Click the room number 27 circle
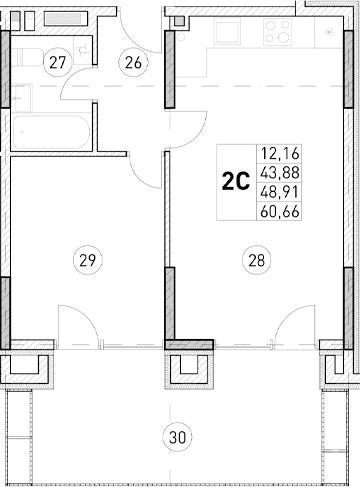(x=58, y=63)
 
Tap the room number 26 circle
(x=132, y=63)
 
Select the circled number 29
(x=88, y=260)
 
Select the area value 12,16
(x=280, y=154)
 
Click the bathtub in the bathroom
(x=50, y=130)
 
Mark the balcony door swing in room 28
(x=295, y=325)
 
